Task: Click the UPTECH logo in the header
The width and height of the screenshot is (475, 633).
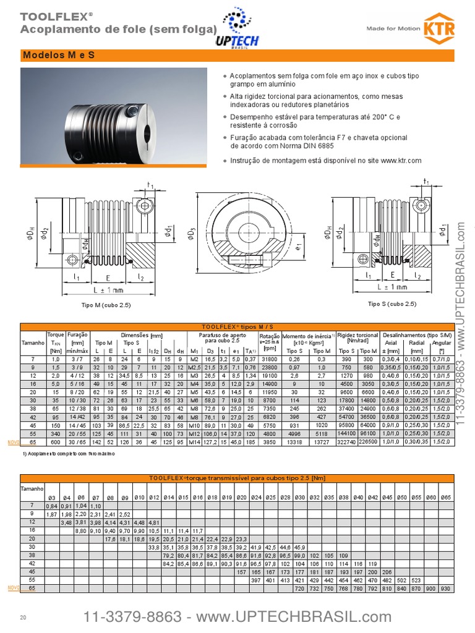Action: coord(237,31)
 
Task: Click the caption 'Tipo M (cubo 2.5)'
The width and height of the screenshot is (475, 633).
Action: coord(106,305)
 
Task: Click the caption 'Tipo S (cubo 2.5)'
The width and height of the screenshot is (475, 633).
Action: coord(392,304)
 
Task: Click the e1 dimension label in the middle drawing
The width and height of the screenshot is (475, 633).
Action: coord(299,247)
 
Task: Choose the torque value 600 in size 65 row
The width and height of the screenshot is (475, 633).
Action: coord(56,443)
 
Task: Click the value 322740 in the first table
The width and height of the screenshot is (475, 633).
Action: coord(346,443)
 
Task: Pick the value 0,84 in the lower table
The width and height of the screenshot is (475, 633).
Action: coord(52,506)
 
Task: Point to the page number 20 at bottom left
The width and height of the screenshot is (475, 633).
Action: coord(24,618)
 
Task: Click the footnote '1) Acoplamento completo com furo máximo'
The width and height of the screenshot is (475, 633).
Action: coord(68,454)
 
